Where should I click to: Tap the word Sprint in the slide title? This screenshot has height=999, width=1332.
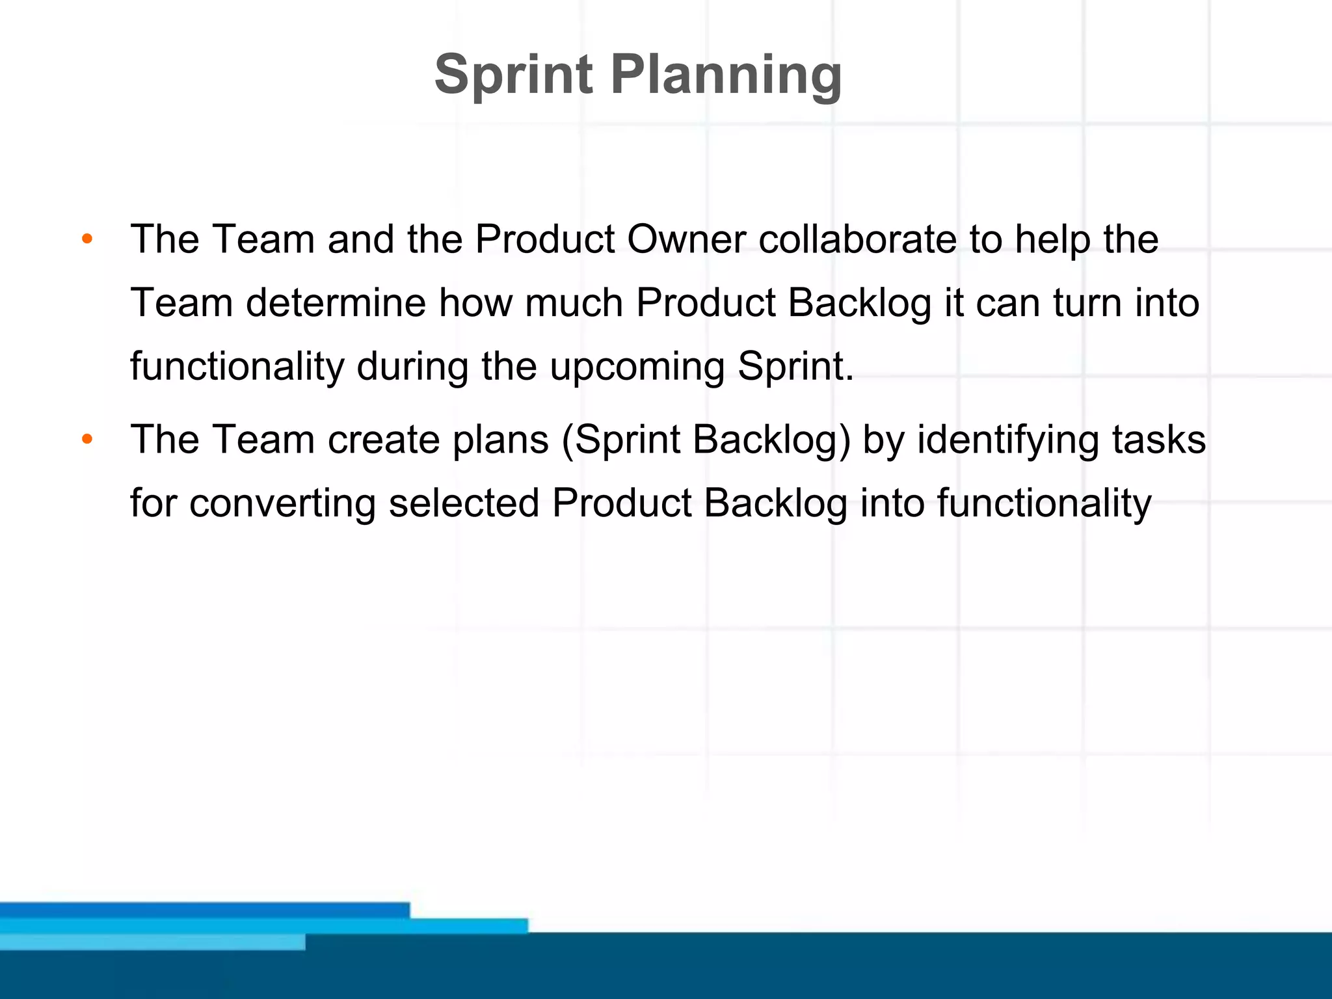click(x=514, y=75)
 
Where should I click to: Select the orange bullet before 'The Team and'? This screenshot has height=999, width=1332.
click(x=87, y=239)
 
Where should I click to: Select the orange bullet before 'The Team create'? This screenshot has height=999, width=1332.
click(x=87, y=440)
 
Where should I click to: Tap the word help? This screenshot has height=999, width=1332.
click(x=1053, y=241)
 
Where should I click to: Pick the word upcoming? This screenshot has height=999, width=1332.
click(x=637, y=368)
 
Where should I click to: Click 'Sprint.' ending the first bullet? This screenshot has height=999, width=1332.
click(x=795, y=367)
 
